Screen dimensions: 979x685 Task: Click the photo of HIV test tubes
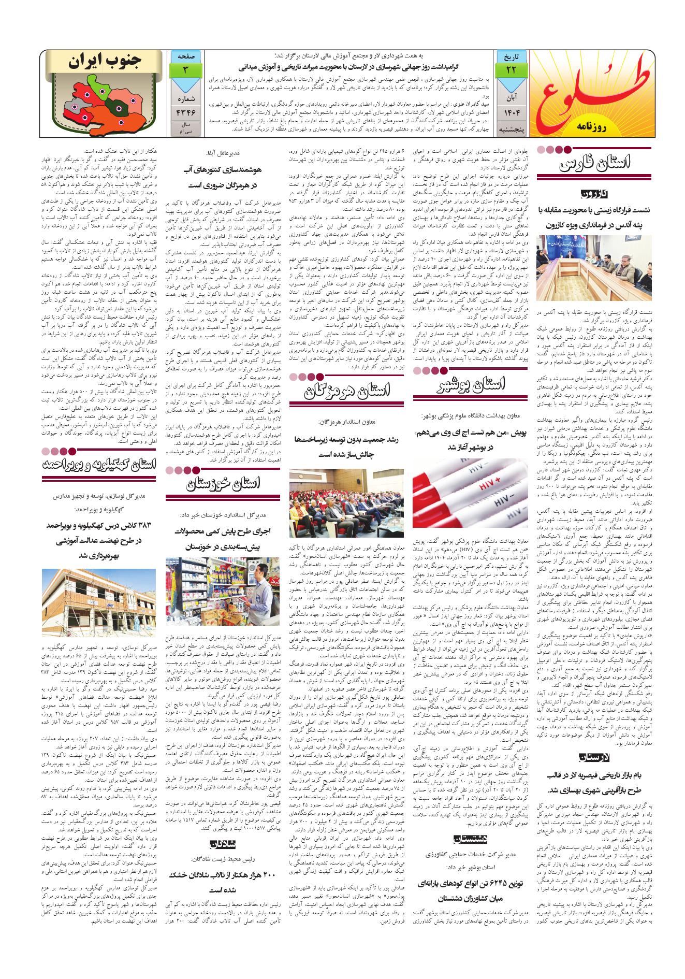[x=470, y=493]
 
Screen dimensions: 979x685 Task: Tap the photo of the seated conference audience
[x=346, y=502]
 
